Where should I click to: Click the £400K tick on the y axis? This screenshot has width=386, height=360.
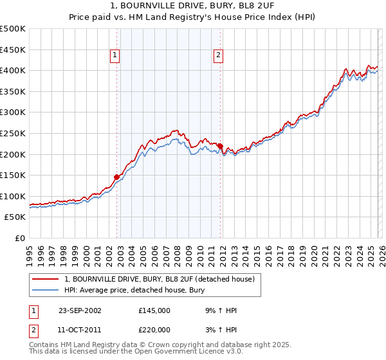(x=13, y=70)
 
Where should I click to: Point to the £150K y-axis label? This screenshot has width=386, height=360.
(x=13, y=175)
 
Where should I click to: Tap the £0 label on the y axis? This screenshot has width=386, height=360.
(x=21, y=238)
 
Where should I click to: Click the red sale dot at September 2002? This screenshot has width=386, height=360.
(x=117, y=177)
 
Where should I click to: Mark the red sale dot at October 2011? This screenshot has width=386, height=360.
(x=220, y=146)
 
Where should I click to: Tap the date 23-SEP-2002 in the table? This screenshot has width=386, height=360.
(x=80, y=310)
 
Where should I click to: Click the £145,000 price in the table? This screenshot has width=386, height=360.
(x=154, y=310)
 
